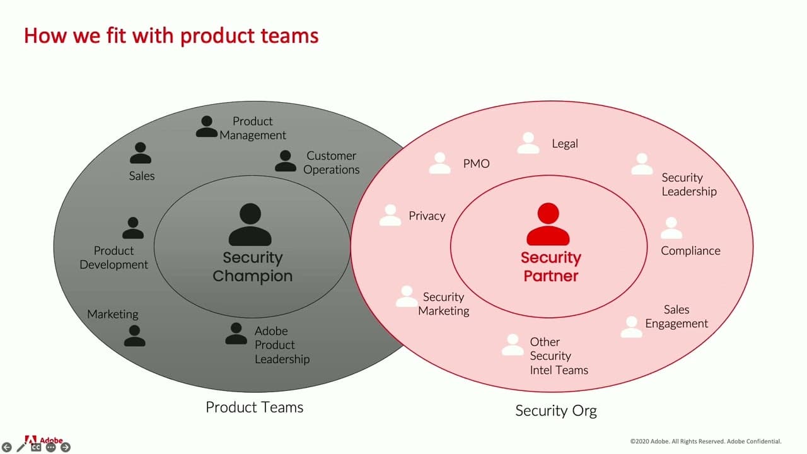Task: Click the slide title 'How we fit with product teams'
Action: pos(171,35)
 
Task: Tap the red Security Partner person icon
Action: pos(548,224)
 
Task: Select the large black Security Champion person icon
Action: pos(250,224)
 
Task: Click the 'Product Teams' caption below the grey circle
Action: pos(254,407)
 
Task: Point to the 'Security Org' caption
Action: pos(555,411)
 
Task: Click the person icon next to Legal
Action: pos(528,143)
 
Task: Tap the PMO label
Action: pos(476,164)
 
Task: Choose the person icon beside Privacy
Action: pos(390,215)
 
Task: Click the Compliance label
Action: pos(690,251)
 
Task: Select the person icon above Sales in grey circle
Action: pos(140,153)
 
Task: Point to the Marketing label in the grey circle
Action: pos(112,314)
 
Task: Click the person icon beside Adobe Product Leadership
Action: pos(236,334)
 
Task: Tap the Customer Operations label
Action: pos(331,163)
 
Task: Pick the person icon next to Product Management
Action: pos(206,126)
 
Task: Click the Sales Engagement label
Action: pos(676,317)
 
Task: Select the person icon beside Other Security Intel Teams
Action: pos(513,345)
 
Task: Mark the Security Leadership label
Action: pos(688,185)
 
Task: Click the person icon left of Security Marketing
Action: pos(407,296)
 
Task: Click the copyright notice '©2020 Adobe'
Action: pos(705,441)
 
